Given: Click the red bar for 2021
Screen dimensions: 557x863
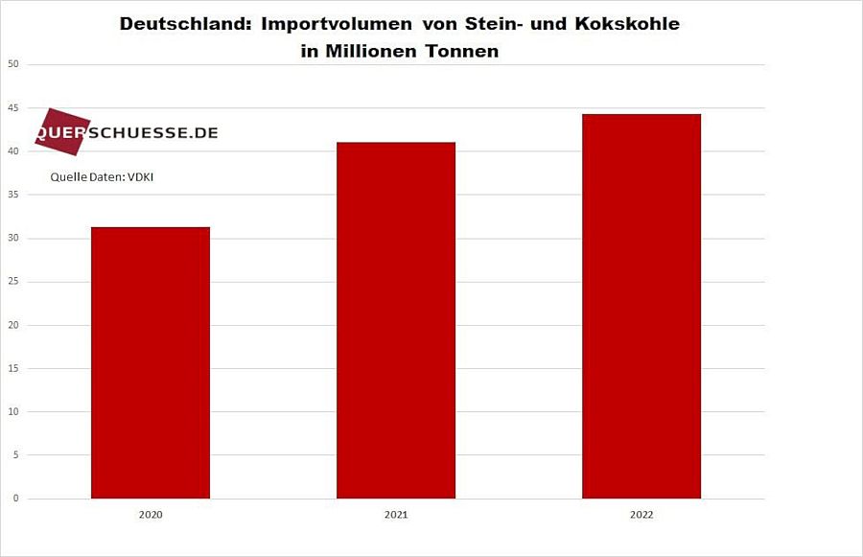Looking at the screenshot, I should (396, 320).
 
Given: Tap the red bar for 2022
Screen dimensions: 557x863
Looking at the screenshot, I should (641, 306).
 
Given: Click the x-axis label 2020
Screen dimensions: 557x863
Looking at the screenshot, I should (151, 515).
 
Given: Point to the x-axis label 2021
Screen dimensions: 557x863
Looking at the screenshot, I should (396, 515).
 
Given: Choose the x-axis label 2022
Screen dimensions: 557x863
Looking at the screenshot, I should (641, 515).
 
